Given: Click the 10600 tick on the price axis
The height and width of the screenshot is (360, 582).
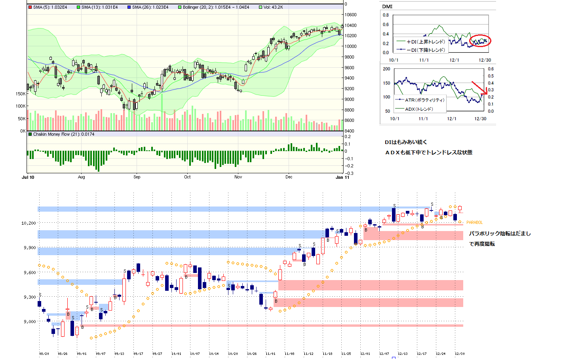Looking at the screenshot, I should click(x=350, y=15).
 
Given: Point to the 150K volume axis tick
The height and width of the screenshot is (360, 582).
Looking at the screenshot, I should click(x=21, y=94).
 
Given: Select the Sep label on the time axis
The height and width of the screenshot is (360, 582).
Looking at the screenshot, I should click(x=137, y=177).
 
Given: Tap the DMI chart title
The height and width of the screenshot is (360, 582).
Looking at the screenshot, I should click(x=387, y=6).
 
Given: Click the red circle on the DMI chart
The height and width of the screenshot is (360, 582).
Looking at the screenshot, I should click(x=480, y=40).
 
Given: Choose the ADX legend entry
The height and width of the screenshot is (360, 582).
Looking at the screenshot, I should click(x=419, y=109).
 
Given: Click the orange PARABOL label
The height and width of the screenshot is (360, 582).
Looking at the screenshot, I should click(x=474, y=222).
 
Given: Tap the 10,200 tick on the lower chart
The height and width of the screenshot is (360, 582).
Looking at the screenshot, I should click(x=29, y=223).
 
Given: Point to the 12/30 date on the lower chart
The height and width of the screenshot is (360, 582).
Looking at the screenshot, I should click(x=460, y=353).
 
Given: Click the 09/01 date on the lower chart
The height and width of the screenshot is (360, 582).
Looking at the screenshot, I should click(x=82, y=353).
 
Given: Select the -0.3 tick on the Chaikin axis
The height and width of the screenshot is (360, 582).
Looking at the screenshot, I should click(x=348, y=173).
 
